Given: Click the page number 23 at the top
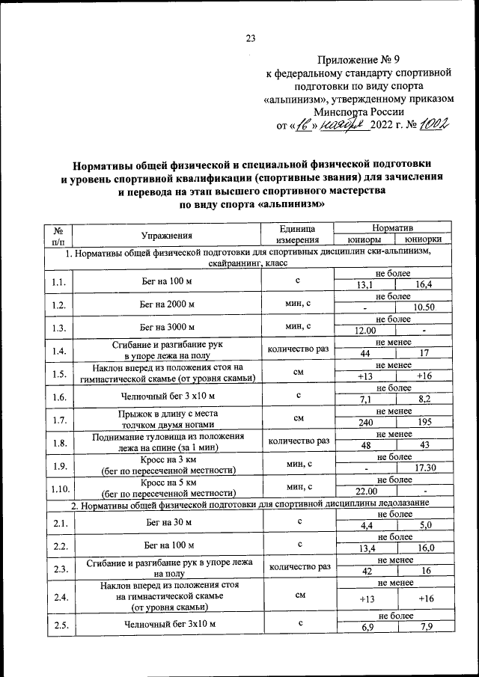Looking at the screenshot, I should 251,40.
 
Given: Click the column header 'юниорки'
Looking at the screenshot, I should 423,240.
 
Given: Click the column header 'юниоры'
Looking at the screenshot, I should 364,240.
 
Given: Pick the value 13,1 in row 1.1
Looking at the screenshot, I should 364,284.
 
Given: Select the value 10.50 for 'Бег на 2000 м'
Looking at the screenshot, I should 423,307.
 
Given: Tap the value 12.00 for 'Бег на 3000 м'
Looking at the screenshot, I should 364,330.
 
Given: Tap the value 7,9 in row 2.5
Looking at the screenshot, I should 423,626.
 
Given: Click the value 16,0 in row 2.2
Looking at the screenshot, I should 423,548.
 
